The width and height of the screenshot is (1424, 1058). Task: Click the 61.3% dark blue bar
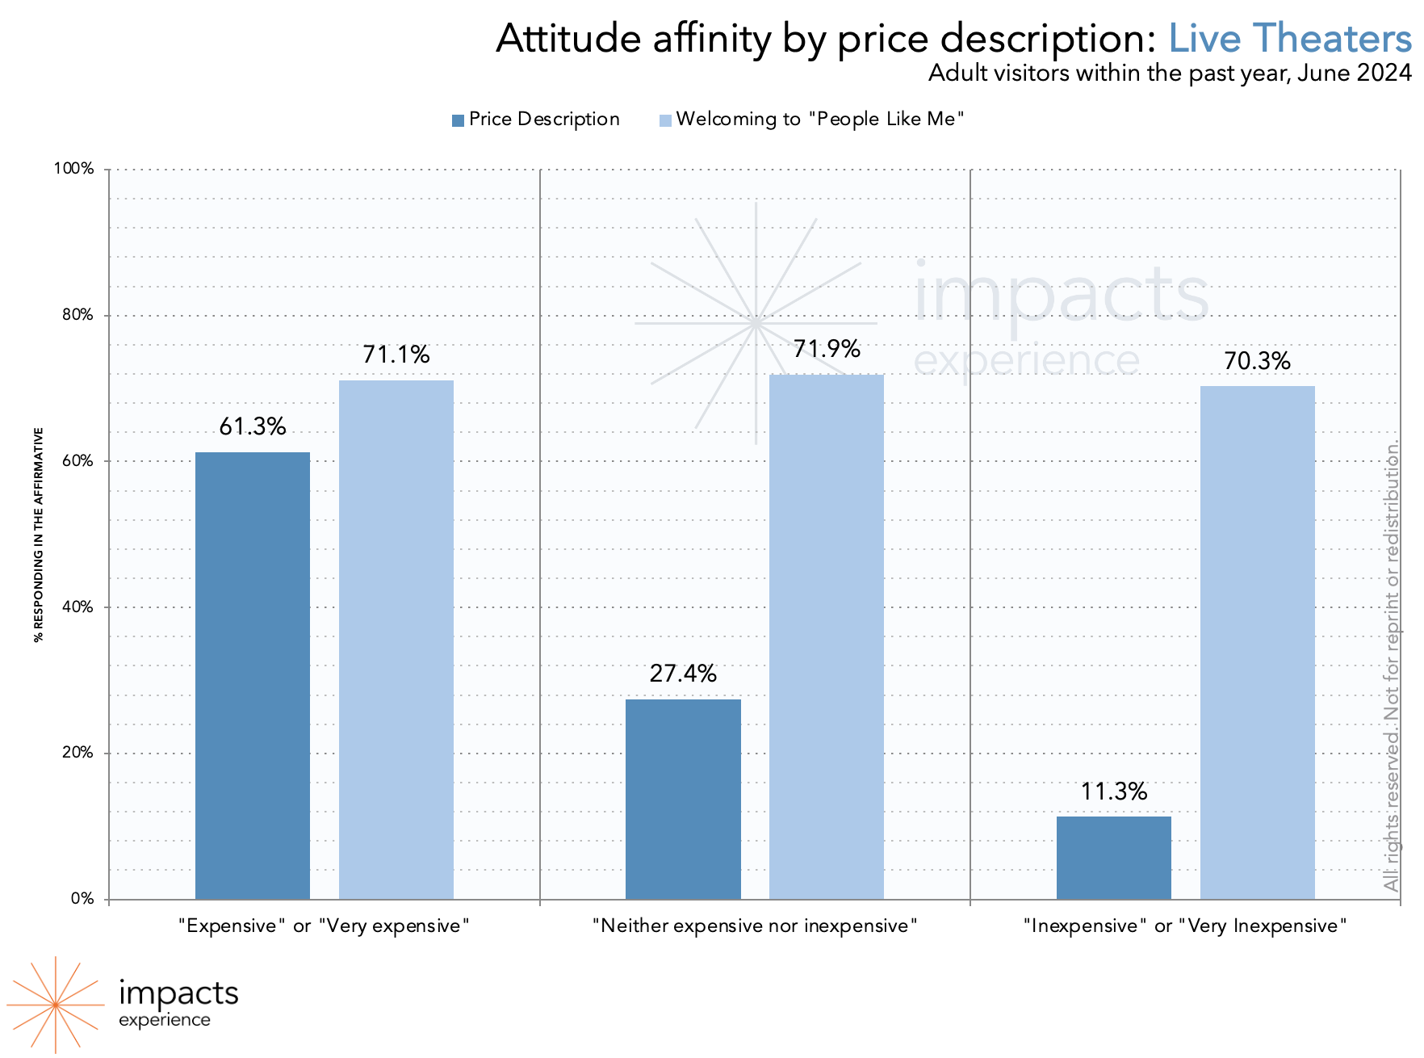pyautogui.click(x=253, y=675)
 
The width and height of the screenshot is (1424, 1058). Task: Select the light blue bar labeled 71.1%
pyautogui.click(x=396, y=640)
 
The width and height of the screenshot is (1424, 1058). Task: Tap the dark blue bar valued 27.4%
pyautogui.click(x=683, y=799)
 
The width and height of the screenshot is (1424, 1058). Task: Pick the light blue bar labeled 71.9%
pyautogui.click(x=827, y=636)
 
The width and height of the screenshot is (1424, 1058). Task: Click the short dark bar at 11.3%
pyautogui.click(x=1114, y=858)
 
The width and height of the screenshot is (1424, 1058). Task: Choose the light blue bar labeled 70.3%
pyautogui.click(x=1257, y=642)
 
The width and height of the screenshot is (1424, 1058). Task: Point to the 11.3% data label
pyautogui.click(x=1114, y=791)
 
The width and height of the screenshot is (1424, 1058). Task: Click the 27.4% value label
pyautogui.click(x=683, y=674)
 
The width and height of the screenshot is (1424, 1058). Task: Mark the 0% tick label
pyautogui.click(x=83, y=899)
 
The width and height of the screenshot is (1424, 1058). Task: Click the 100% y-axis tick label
pyautogui.click(x=74, y=169)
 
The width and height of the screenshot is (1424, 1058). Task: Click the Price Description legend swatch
pyautogui.click(x=459, y=120)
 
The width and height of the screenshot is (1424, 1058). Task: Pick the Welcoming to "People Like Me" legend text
pyautogui.click(x=820, y=120)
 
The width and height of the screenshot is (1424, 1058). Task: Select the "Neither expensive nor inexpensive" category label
pyautogui.click(x=755, y=926)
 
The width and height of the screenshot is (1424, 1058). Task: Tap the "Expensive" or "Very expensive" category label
pyautogui.click(x=324, y=926)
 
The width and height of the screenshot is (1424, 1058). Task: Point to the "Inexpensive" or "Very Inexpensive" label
pyautogui.click(x=1185, y=926)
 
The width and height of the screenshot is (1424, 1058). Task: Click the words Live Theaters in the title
pyautogui.click(x=1290, y=38)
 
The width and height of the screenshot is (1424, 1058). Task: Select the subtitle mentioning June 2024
pyautogui.click(x=1170, y=73)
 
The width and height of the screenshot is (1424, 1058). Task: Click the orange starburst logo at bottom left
pyautogui.click(x=55, y=1005)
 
